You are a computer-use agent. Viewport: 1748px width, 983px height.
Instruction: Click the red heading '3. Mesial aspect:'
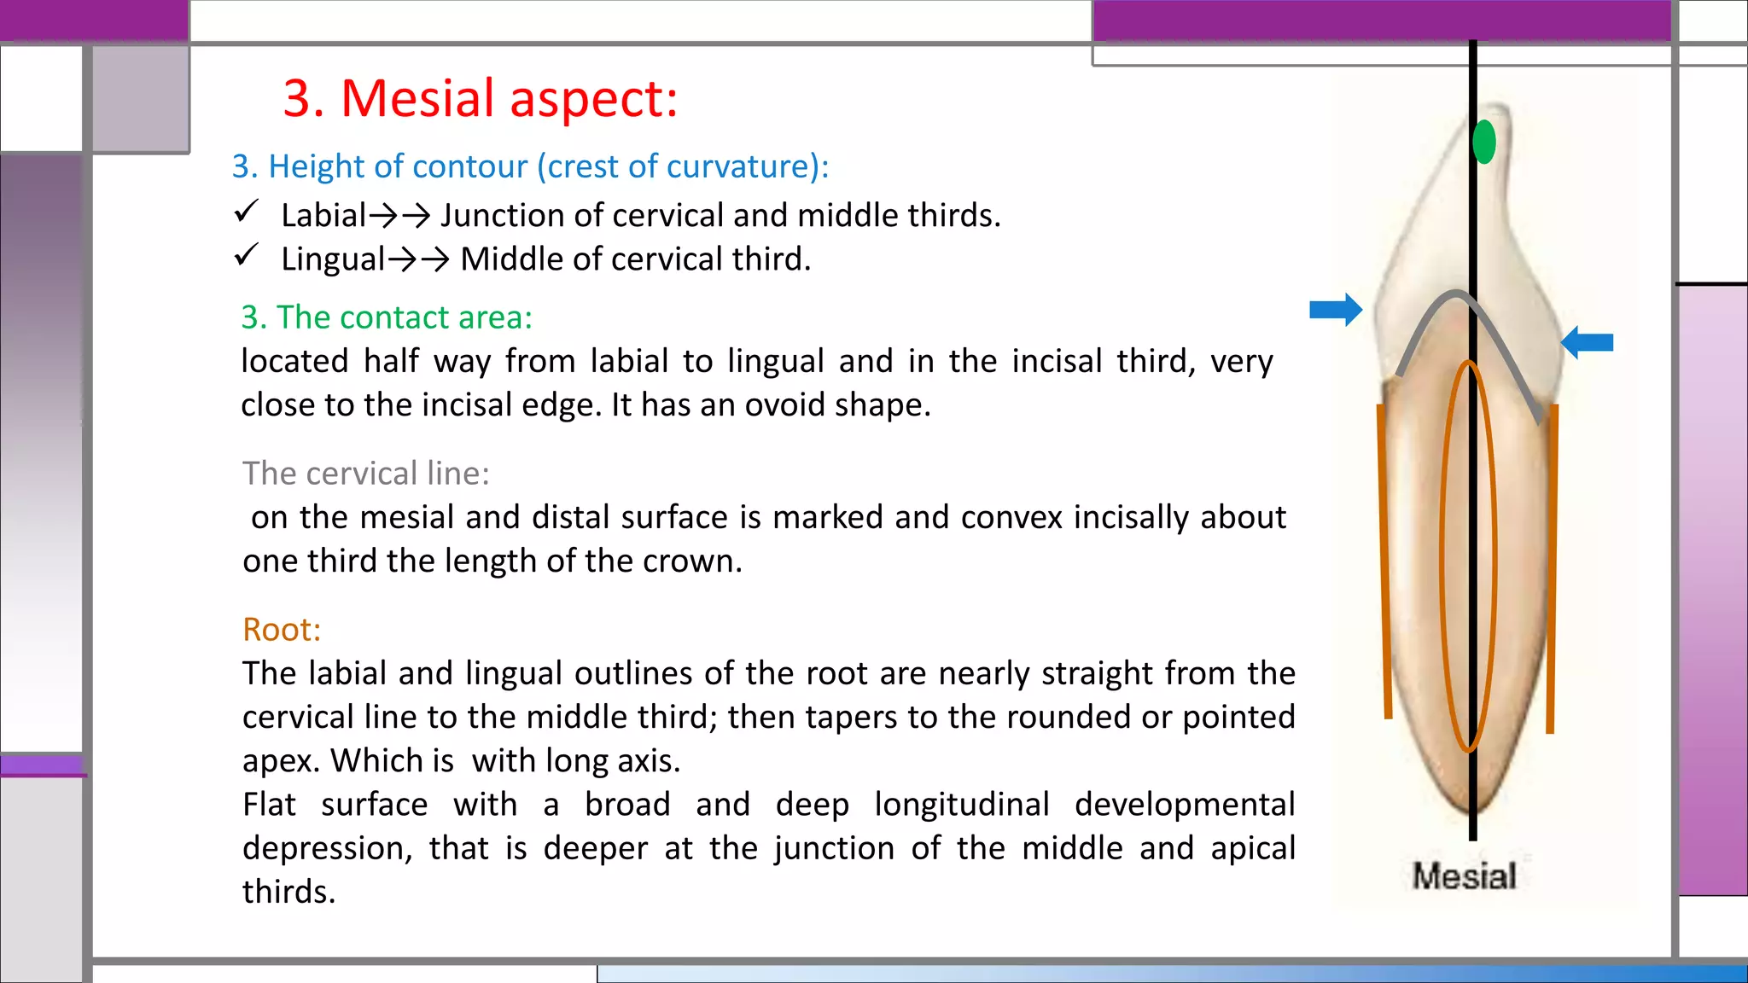480,98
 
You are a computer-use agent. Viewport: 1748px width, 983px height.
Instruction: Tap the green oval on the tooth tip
1484,142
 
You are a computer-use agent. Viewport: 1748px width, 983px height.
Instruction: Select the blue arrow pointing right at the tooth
1336,310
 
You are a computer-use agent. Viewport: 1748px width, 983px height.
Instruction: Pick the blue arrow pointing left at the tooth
1587,342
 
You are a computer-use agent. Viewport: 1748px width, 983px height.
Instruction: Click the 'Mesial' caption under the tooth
1464,876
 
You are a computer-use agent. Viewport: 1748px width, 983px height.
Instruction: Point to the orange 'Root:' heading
282,630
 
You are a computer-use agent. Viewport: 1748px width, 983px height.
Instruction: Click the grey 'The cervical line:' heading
366,474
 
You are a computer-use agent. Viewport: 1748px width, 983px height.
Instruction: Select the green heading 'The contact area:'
387,317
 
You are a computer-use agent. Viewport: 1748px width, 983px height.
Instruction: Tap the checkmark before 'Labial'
247,211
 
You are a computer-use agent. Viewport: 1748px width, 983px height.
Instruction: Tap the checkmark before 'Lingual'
247,254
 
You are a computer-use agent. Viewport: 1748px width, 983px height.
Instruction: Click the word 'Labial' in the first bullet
323,216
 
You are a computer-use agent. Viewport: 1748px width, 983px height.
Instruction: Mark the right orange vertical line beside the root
1552,567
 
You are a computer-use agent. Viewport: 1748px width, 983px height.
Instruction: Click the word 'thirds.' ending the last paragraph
288,893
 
